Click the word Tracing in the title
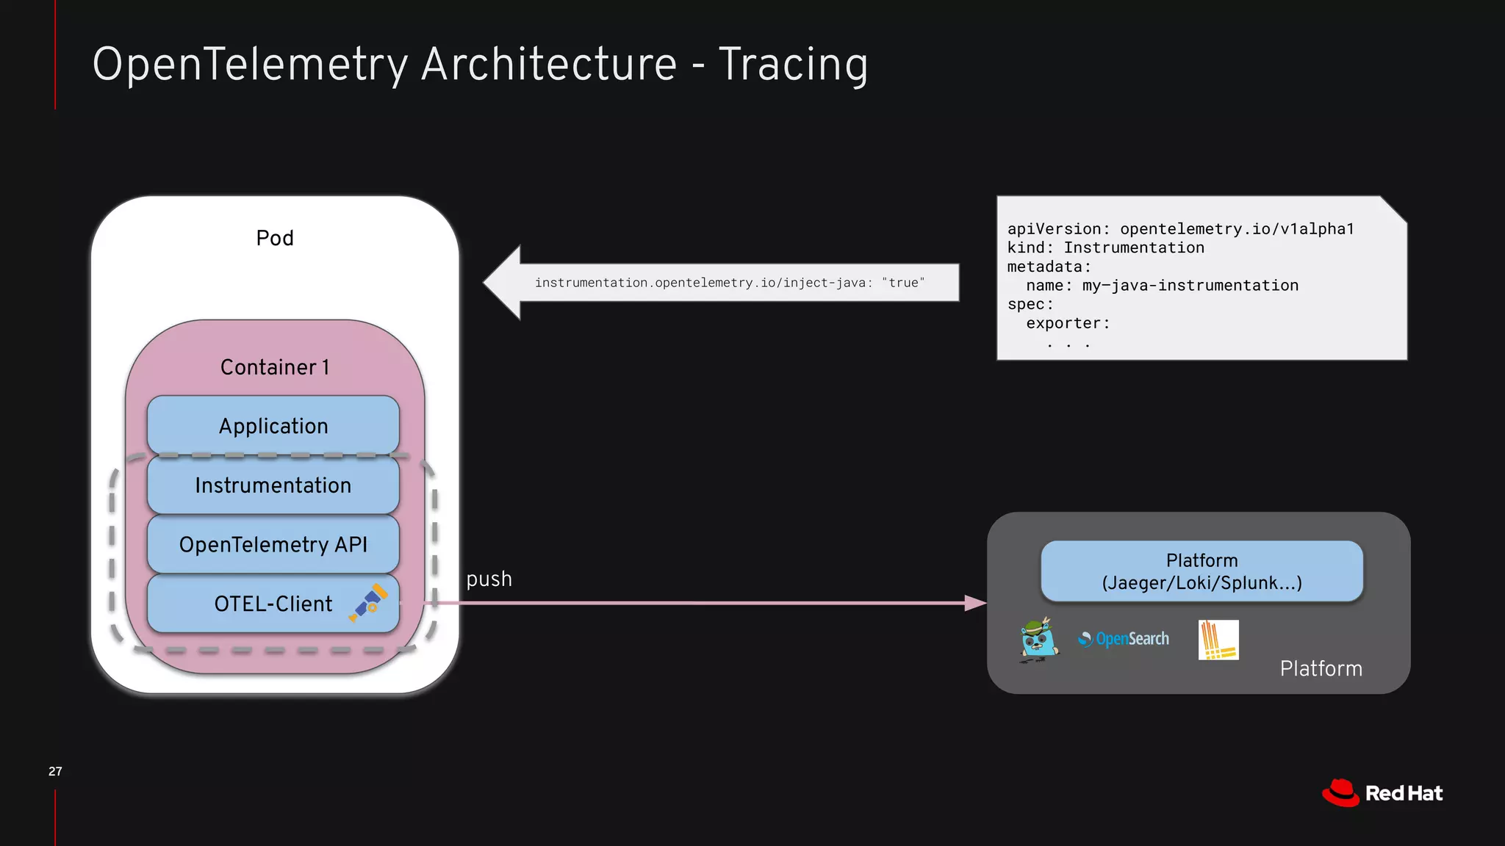[793, 65]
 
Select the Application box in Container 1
[273, 425]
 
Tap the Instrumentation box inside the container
[273, 485]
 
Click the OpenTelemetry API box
[273, 544]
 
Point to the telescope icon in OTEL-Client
[369, 603]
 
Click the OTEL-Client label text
[273, 604]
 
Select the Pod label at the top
[275, 238]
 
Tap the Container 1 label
[275, 366]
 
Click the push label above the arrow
[489, 579]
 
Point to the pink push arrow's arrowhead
[976, 603]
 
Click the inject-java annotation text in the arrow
[729, 283]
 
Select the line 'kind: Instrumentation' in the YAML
[1105, 247]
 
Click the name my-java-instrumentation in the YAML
[1190, 285]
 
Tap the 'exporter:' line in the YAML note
[1068, 323]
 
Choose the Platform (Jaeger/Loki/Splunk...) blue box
[1202, 571]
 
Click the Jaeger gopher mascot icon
[1038, 640]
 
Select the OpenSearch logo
[1124, 639]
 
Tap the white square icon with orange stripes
[1218, 640]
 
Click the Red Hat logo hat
[1341, 793]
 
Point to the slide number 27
[55, 771]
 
